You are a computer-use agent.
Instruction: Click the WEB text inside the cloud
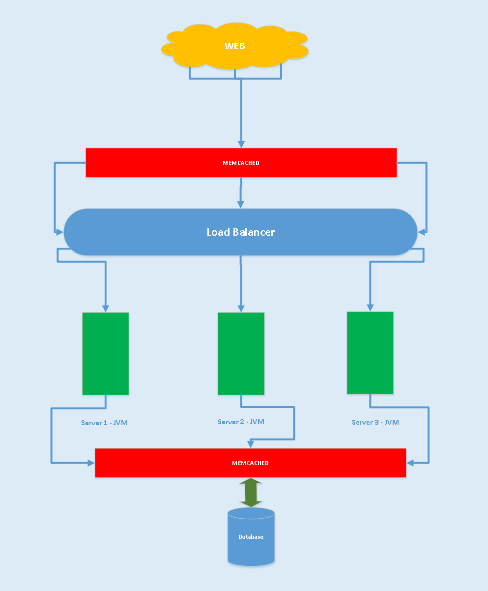click(235, 46)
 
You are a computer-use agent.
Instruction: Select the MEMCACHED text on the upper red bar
click(241, 163)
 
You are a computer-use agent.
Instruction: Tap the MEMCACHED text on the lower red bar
click(250, 463)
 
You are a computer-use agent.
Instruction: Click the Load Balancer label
click(240, 232)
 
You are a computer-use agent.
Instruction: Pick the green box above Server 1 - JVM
click(106, 353)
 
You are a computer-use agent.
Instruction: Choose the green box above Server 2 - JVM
click(241, 353)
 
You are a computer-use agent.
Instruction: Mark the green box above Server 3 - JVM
click(370, 353)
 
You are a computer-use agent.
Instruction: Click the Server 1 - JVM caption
click(104, 423)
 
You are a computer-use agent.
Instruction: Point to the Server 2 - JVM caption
click(241, 422)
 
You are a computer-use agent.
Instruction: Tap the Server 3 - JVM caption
click(375, 422)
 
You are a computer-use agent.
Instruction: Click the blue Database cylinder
click(251, 537)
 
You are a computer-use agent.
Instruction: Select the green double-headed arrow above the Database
click(251, 492)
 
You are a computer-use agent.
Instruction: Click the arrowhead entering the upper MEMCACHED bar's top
click(241, 144)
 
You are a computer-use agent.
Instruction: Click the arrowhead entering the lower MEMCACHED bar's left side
click(91, 463)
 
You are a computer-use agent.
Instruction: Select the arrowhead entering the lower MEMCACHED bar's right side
click(410, 463)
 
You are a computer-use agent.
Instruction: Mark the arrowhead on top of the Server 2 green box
click(241, 309)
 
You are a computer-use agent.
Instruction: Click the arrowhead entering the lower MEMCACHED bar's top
click(250, 444)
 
